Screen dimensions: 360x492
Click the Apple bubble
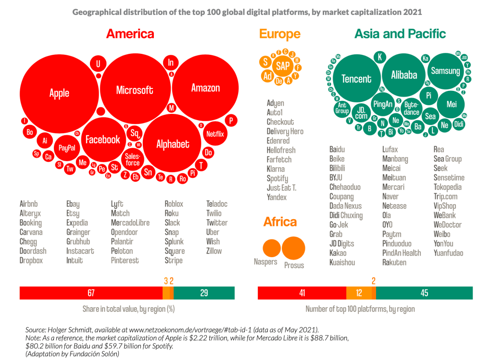(59, 93)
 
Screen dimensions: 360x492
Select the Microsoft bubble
(135, 90)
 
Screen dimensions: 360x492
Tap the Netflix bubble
(215, 134)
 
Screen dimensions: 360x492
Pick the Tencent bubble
(356, 79)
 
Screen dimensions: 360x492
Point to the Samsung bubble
(445, 71)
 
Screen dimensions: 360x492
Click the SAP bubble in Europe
(283, 65)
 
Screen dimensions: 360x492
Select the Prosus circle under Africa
(293, 249)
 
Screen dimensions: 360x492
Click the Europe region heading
(279, 34)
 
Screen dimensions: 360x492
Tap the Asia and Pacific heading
(400, 34)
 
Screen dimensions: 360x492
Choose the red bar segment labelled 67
(91, 293)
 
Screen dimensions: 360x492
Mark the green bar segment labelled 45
(424, 293)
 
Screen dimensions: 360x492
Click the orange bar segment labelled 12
(359, 293)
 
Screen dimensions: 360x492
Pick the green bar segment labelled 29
(204, 293)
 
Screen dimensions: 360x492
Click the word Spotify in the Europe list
(278, 178)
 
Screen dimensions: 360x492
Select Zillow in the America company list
(214, 251)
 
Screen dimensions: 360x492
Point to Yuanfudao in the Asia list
(448, 253)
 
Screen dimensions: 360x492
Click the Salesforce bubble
(133, 160)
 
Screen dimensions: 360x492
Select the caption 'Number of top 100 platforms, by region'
(360, 309)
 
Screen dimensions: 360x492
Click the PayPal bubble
(66, 148)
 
